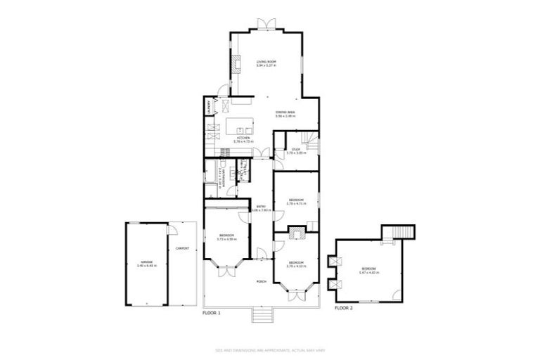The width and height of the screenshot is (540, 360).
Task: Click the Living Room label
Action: click(x=266, y=62)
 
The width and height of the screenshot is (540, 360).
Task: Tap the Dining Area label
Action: click(x=285, y=112)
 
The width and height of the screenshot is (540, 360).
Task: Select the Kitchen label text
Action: click(x=243, y=138)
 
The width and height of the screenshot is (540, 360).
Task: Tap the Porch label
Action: click(x=260, y=279)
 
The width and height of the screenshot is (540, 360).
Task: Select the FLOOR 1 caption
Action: click(x=212, y=311)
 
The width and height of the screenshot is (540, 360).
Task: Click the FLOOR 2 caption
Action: click(x=343, y=308)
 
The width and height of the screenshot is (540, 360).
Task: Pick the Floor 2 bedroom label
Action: click(x=368, y=270)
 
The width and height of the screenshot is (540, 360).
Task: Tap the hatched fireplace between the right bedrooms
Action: click(x=296, y=229)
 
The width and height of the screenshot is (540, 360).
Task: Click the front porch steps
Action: click(x=261, y=315)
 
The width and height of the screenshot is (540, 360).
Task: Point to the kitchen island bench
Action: click(x=243, y=127)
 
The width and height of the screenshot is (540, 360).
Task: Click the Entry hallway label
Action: click(x=261, y=207)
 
